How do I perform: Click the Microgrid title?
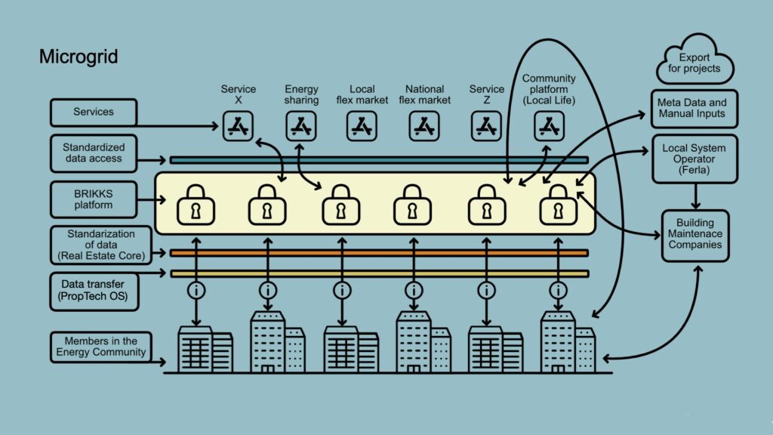79,57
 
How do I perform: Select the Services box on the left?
94,113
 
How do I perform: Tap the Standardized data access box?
94,153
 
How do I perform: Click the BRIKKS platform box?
94,199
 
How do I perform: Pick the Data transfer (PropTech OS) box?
94,291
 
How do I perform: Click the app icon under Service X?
239,126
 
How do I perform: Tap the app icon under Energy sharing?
301,126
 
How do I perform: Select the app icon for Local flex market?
362,126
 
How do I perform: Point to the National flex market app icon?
425,126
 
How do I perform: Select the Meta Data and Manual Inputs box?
691,108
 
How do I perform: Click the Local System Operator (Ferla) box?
693,159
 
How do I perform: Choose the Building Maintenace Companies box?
695,235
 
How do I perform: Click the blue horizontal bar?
378,160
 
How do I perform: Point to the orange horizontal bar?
378,253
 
